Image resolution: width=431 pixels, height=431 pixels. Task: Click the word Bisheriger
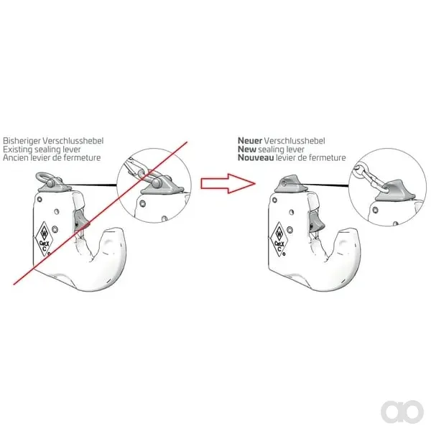(22, 141)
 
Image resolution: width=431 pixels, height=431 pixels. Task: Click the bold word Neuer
(250, 141)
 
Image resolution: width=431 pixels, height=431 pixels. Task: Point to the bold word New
(247, 149)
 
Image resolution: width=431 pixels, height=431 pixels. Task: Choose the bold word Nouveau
(256, 158)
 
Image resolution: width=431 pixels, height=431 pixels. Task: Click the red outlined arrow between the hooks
(228, 183)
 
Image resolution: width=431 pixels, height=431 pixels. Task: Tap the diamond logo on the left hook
(44, 238)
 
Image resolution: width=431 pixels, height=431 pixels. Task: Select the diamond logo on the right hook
(279, 239)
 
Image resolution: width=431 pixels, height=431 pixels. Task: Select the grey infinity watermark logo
(402, 412)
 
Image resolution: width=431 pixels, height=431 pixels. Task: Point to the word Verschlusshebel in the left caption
(73, 141)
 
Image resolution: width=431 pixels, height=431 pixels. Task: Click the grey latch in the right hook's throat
(316, 222)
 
